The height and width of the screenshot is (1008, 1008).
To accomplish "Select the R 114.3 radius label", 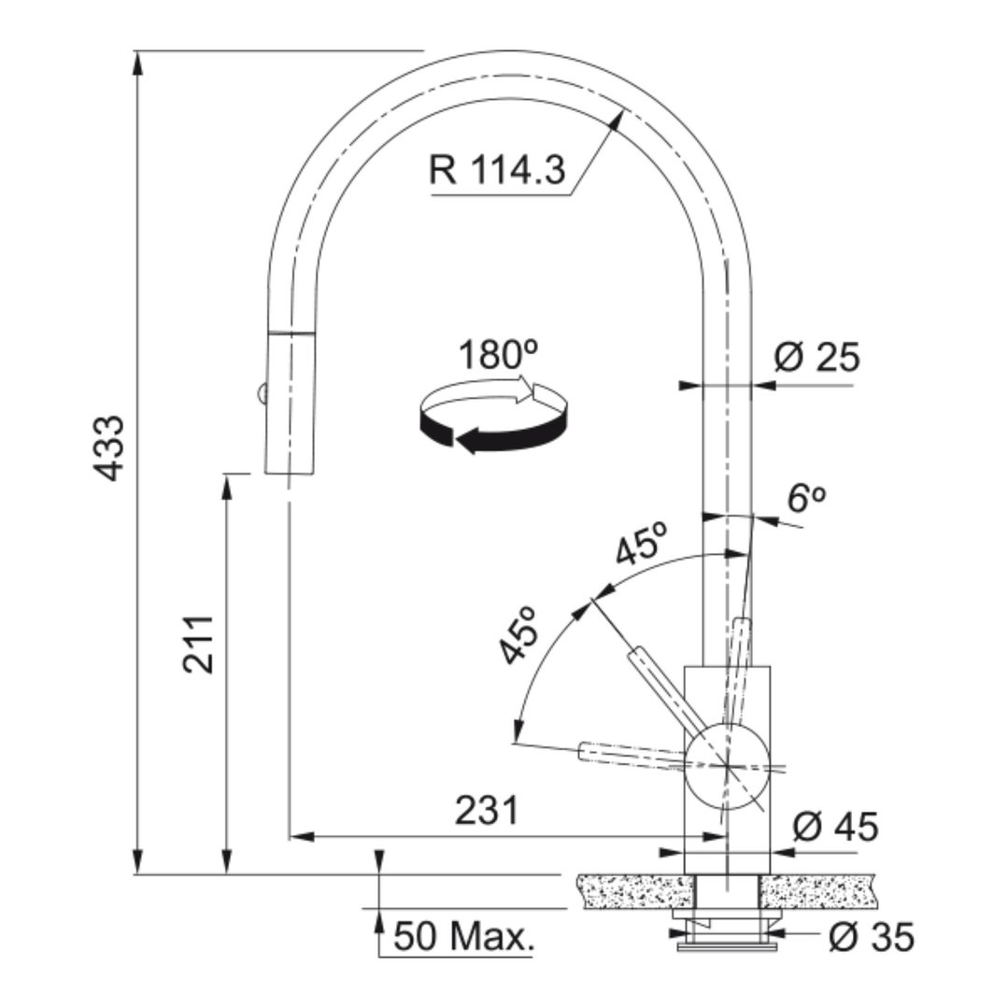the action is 498,171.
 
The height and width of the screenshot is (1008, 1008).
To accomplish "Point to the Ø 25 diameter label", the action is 816,357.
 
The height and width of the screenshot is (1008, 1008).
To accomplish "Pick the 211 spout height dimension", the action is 198,645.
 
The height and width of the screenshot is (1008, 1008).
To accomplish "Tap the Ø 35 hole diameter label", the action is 871,937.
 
